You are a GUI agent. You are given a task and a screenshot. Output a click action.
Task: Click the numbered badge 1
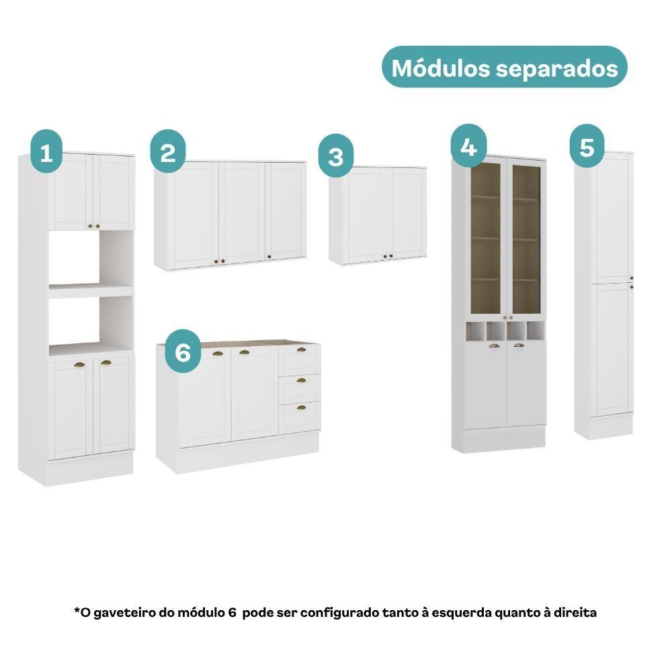click(46, 151)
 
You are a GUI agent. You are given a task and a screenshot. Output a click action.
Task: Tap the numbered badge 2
click(168, 151)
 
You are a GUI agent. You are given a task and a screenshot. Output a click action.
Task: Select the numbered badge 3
click(336, 156)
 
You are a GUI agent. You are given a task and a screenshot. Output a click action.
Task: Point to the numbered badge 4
click(469, 146)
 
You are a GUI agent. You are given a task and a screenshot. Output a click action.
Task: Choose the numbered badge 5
click(587, 146)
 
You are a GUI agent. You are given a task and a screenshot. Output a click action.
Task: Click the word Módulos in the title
click(441, 68)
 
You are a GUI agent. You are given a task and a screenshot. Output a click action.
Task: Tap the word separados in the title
click(557, 69)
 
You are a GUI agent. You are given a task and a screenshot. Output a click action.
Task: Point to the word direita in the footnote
click(576, 612)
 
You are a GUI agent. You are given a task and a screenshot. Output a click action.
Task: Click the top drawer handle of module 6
click(301, 349)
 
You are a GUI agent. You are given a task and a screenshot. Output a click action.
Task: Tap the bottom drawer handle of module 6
click(301, 407)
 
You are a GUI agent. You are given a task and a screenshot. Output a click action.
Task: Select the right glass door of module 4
click(526, 239)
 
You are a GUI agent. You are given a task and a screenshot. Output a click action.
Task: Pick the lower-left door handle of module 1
click(79, 365)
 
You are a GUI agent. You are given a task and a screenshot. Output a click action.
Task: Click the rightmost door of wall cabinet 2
click(286, 211)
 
